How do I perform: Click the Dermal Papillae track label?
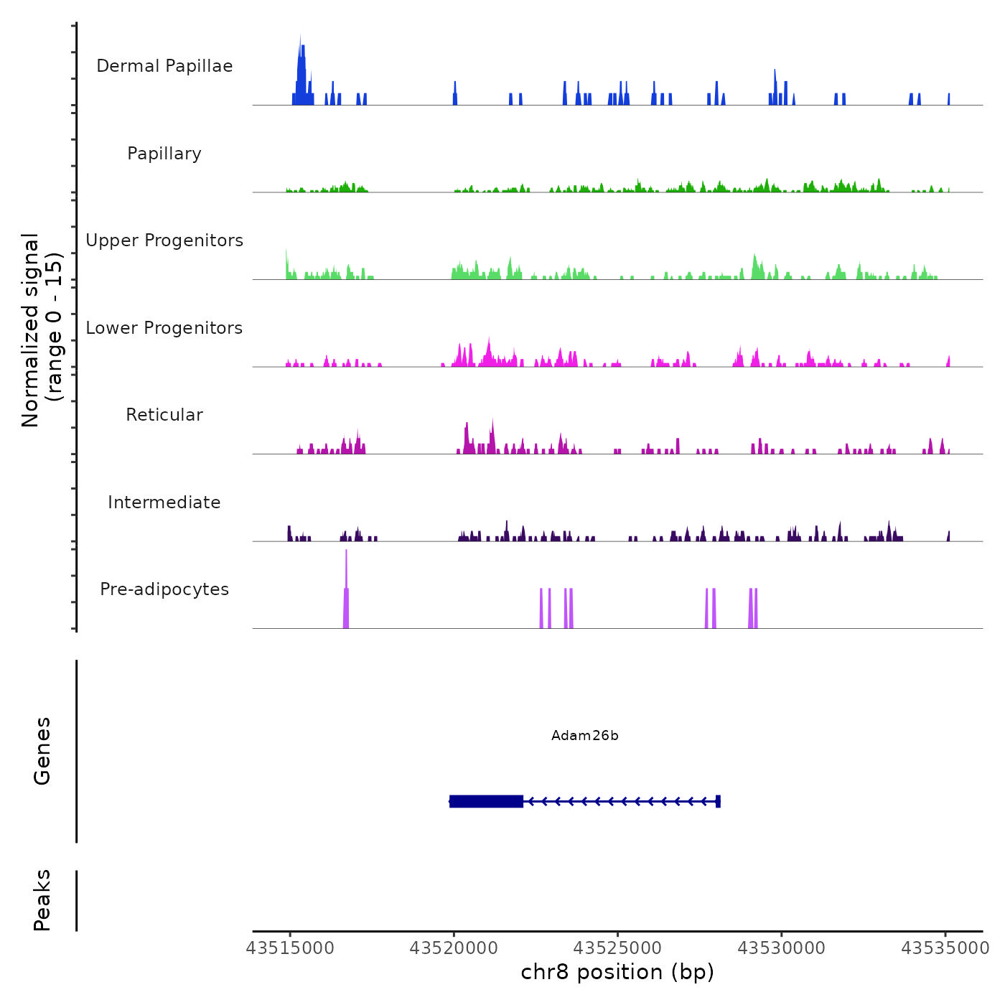tap(164, 66)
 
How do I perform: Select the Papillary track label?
tap(164, 154)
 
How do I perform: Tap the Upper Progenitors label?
tap(164, 240)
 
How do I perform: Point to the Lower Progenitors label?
tap(164, 328)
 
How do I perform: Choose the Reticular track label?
tap(164, 415)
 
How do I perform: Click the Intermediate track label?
tap(164, 502)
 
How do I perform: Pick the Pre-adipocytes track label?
tap(164, 589)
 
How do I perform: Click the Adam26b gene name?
tap(585, 736)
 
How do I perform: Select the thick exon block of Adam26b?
tap(486, 801)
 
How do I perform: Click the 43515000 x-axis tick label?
tap(290, 948)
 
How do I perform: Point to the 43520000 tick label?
tap(454, 948)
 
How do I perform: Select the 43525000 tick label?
tap(617, 948)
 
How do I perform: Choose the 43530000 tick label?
tap(782, 948)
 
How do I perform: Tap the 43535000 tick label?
tap(945, 948)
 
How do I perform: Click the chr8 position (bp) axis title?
tap(617, 973)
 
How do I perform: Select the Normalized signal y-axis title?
tap(42, 330)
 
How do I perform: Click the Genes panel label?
tap(42, 751)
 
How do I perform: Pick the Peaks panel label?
tap(42, 900)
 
